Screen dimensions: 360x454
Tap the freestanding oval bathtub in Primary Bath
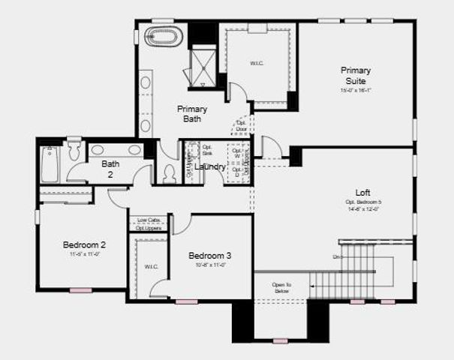[163, 36]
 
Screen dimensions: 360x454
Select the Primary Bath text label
[192, 113]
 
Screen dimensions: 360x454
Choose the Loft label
[362, 192]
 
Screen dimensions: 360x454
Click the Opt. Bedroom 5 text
[363, 202]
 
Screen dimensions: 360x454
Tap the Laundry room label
[210, 166]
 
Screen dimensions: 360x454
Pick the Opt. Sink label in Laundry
[208, 150]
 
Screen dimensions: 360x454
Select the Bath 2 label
[110, 169]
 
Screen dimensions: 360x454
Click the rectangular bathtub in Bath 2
[50, 164]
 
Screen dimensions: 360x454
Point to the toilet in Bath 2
[74, 151]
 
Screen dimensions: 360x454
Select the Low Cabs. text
[148, 220]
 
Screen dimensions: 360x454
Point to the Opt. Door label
[242, 125]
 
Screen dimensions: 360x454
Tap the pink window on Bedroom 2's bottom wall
[81, 290]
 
